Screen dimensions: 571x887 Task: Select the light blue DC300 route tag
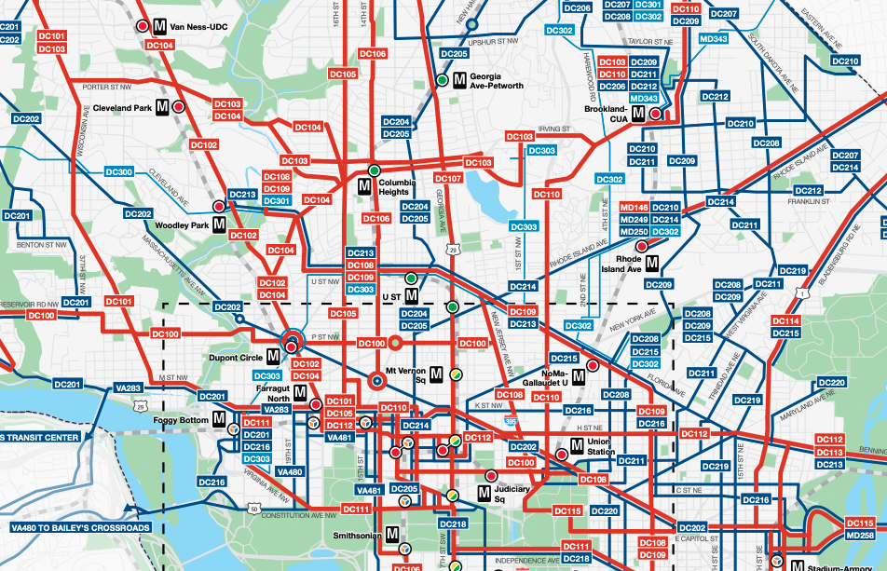point(121,172)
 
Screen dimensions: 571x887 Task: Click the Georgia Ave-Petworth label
point(496,81)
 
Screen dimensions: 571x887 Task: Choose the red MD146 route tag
point(634,207)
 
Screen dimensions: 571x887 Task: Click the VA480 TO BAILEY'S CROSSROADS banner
point(79,527)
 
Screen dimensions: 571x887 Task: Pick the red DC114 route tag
point(786,320)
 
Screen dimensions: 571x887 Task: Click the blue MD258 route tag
point(861,536)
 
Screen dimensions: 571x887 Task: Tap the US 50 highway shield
point(253,509)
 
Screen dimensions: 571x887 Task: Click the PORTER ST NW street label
point(109,88)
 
